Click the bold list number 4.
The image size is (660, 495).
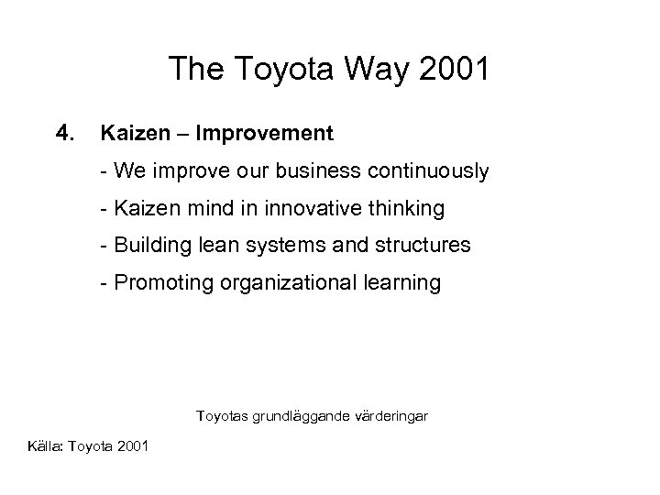[64, 134]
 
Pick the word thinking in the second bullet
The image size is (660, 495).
[411, 209]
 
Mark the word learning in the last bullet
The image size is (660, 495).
[400, 284]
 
